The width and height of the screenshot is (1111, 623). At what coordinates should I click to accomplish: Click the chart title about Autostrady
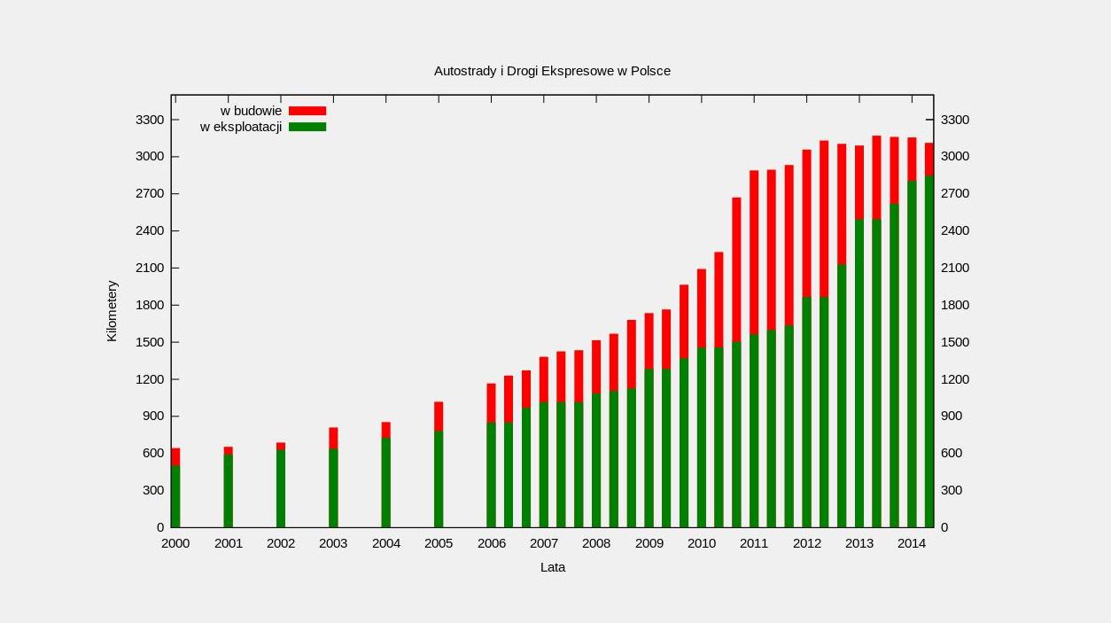click(552, 71)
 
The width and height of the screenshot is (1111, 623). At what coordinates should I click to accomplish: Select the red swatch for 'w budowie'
click(307, 111)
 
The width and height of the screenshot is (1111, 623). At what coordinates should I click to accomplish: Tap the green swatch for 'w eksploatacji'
click(307, 127)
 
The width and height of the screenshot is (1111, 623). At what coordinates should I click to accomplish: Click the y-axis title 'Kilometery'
click(112, 311)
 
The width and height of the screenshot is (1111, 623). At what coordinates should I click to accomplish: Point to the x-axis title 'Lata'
click(553, 567)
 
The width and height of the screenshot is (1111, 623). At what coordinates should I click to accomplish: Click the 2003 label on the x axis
click(333, 543)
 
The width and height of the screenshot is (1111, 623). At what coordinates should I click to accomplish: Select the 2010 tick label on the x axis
click(702, 543)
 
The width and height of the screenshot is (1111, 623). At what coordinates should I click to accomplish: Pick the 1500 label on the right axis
click(955, 342)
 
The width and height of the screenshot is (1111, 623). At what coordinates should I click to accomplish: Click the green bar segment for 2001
click(228, 490)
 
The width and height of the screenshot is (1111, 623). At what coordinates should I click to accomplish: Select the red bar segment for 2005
click(439, 416)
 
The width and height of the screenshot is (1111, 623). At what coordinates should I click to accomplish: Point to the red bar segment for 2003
click(333, 438)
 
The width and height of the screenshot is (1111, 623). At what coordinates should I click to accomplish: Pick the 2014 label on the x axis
click(912, 543)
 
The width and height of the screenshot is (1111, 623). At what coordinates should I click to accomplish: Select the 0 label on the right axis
click(944, 527)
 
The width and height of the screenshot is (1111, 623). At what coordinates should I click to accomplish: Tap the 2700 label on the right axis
click(955, 194)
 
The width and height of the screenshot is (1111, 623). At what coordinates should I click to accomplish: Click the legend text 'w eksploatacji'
click(241, 127)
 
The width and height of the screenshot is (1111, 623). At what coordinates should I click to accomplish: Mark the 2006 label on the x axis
click(491, 543)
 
